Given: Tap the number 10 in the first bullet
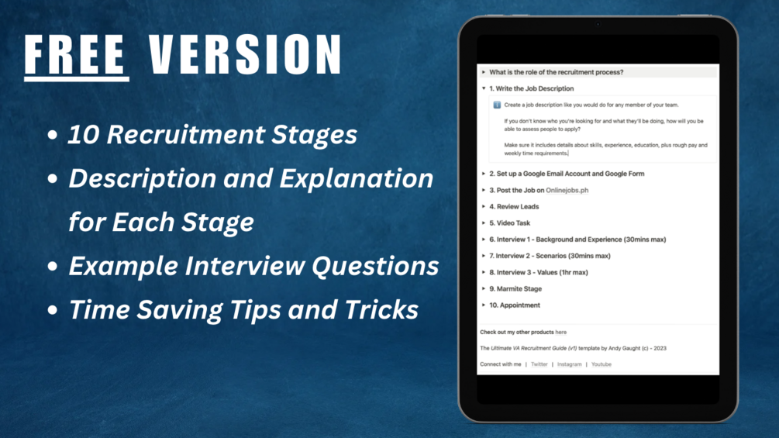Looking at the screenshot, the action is pos(84,135).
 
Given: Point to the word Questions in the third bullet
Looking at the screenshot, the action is pos(375,266).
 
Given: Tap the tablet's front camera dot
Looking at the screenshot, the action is pos(598,24).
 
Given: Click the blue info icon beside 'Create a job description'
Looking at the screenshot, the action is pos(497,105).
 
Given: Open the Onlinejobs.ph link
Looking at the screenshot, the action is pos(567,190).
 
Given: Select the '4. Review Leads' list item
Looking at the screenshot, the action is pos(514,206).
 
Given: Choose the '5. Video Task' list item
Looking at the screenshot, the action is pos(509,223).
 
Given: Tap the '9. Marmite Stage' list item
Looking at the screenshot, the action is pos(515,288).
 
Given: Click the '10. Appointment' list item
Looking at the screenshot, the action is pos(514,305).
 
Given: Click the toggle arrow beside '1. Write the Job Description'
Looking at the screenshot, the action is pos(484,88).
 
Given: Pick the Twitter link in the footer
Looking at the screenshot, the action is pos(539,364).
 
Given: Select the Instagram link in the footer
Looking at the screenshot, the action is pos(570,364).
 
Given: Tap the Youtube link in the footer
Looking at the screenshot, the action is pos(601,364).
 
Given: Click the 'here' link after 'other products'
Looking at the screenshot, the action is pos(561,333).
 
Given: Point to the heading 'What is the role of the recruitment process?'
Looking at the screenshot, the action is pos(556,72).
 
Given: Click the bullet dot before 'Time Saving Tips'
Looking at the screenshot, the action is pos(53,310).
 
